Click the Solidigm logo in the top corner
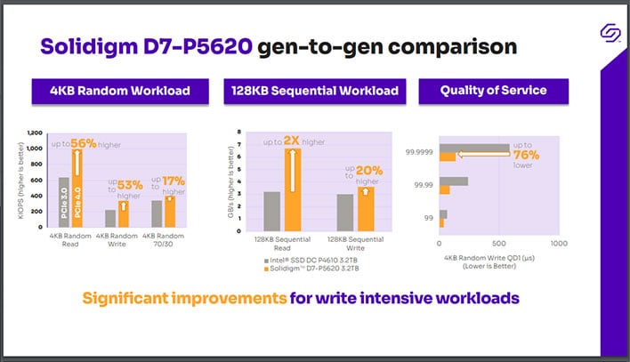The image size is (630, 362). point(610,34)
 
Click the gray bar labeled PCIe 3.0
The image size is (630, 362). point(63,202)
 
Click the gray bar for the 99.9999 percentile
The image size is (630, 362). point(474,148)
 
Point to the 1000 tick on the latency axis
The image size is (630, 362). point(558,243)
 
